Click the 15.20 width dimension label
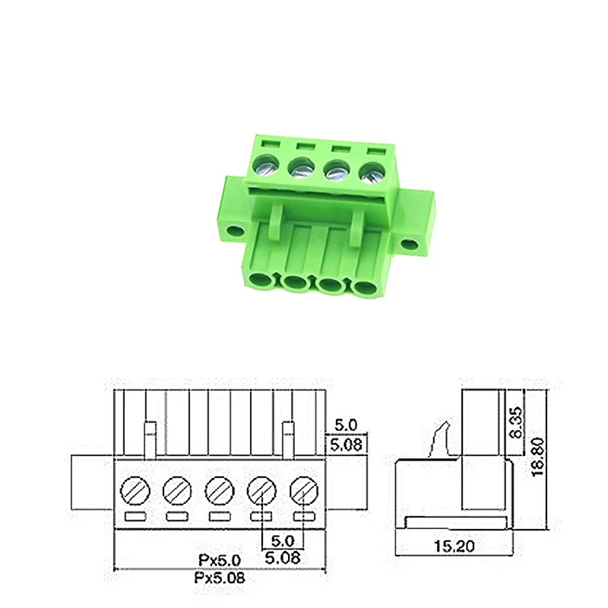454,546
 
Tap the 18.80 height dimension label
538,458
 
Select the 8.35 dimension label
517,423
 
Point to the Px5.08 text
220,578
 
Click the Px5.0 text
220,560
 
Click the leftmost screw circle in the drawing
135,490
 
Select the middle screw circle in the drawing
220,490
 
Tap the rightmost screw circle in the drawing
305,490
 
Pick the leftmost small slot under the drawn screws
135,517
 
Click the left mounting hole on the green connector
235,232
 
